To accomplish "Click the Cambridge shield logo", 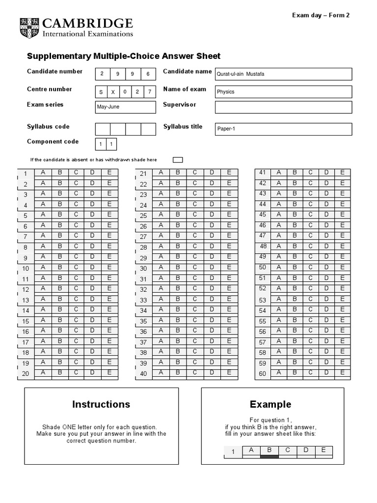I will coord(29,28).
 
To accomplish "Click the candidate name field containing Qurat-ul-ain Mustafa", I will coord(283,74).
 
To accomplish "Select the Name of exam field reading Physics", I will coord(283,92).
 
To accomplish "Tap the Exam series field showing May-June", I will coord(125,107).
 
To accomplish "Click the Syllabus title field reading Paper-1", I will coord(283,129).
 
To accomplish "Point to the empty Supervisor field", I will coord(283,107).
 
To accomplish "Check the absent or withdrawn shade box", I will coord(178,160).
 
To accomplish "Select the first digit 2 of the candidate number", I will coord(102,74).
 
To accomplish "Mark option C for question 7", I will coord(76,235).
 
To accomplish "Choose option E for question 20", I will coord(109,373).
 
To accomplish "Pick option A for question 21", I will coord(161,172).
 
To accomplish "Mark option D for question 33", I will coord(212,299).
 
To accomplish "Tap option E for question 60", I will coord(343,373).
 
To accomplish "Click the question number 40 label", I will coord(143,374).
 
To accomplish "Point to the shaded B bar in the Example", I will coord(269,456).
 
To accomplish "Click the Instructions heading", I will coord(101,404).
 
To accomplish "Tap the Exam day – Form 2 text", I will coord(321,15).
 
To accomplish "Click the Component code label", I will coord(53,141).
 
